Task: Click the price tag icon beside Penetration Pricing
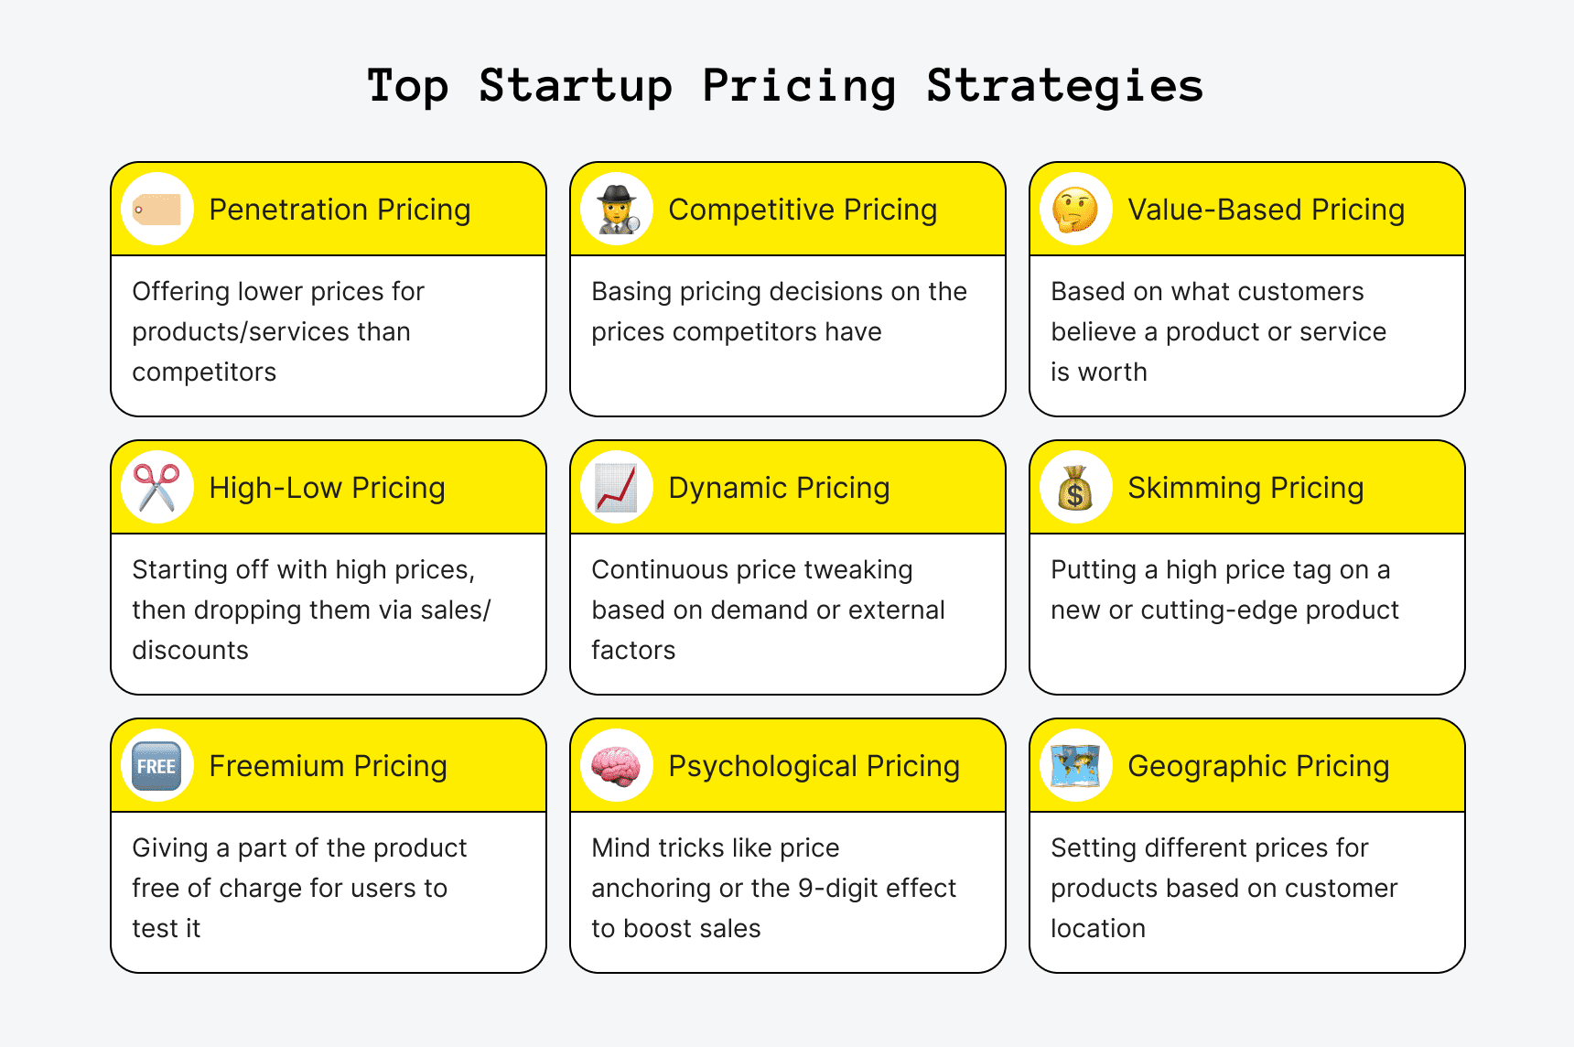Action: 157,210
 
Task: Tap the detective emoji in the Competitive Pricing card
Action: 617,210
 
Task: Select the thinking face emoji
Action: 1076,210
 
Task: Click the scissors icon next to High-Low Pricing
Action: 157,488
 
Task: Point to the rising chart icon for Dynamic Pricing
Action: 617,488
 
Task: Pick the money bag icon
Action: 1076,488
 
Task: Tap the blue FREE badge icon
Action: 157,766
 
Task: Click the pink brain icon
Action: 617,766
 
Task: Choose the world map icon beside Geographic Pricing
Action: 1076,766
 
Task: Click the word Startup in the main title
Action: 576,87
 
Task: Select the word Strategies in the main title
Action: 1064,87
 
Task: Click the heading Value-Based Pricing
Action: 1266,210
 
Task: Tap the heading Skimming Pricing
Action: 1245,488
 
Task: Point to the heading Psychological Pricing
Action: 814,766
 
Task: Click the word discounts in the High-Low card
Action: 190,650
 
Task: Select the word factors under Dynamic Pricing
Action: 633,650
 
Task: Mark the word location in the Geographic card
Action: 1098,928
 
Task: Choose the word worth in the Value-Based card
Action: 1112,372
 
